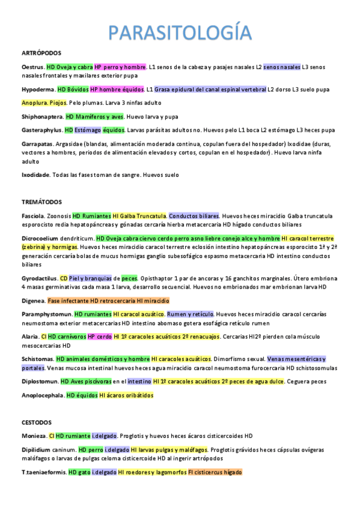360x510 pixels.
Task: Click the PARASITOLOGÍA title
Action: [180, 32]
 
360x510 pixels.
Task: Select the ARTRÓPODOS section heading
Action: [39, 54]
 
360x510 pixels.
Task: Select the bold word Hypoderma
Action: [37, 89]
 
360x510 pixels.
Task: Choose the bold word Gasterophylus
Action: [41, 130]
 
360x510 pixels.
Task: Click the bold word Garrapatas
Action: [37, 144]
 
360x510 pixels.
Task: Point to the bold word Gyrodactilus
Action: [40, 278]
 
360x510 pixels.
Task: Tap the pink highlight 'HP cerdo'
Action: [99, 336]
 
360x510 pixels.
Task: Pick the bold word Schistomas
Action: [38, 358]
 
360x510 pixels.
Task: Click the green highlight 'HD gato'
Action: [80, 472]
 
